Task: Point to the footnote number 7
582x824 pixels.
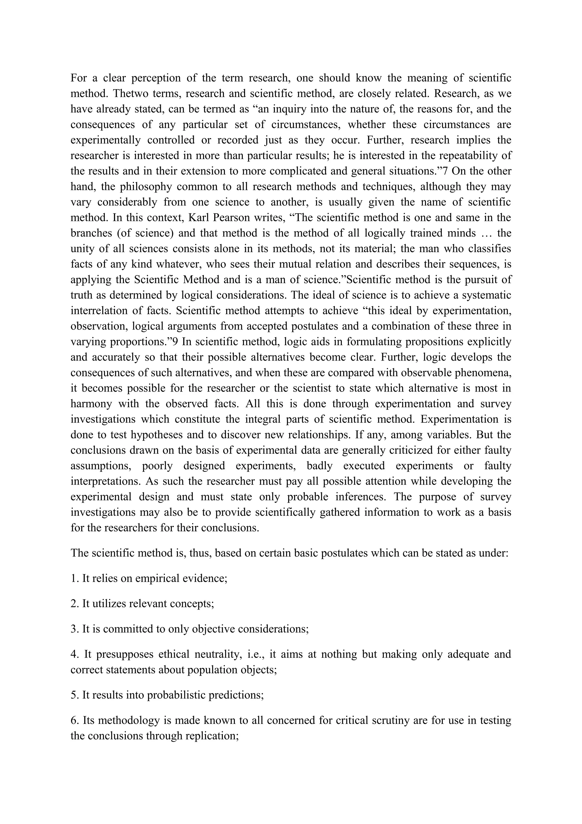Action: tap(445, 171)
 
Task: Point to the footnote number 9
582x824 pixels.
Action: tap(175, 342)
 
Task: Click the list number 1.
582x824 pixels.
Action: tap(74, 579)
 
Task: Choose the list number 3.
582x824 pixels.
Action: tap(74, 629)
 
